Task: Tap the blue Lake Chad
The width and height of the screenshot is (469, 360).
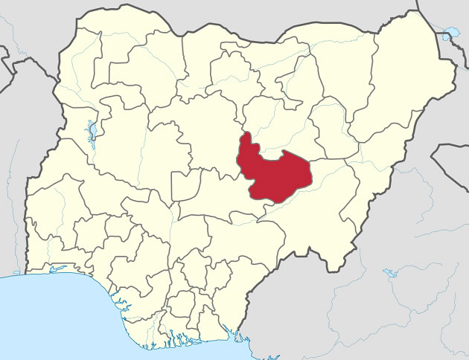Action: (x=447, y=34)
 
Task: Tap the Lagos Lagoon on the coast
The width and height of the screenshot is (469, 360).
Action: (x=56, y=270)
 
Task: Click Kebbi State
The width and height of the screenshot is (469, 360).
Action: (x=78, y=97)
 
